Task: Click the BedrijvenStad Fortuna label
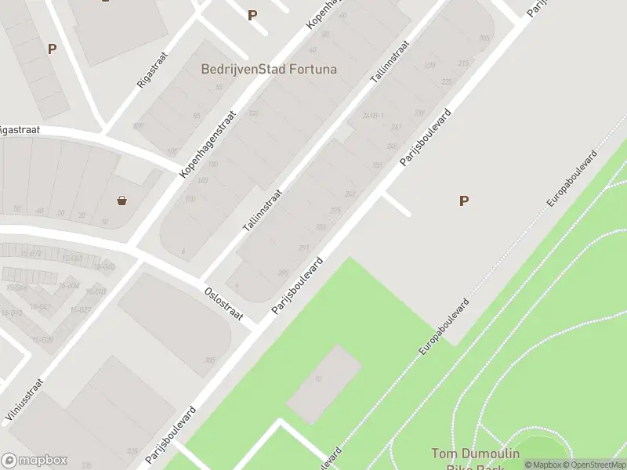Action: click(x=269, y=69)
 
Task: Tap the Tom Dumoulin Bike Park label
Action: click(x=475, y=459)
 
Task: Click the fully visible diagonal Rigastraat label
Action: click(x=152, y=71)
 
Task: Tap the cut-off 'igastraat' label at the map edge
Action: click(x=20, y=131)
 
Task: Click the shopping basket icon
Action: click(x=122, y=201)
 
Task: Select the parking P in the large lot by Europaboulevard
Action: click(x=464, y=201)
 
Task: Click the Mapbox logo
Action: click(x=34, y=461)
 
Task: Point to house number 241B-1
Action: click(x=372, y=115)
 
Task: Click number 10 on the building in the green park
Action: click(x=317, y=379)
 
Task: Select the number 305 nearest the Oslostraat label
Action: click(x=209, y=360)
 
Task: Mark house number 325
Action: click(x=132, y=451)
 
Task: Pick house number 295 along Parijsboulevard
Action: click(x=283, y=273)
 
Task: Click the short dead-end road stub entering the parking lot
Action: click(x=396, y=204)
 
